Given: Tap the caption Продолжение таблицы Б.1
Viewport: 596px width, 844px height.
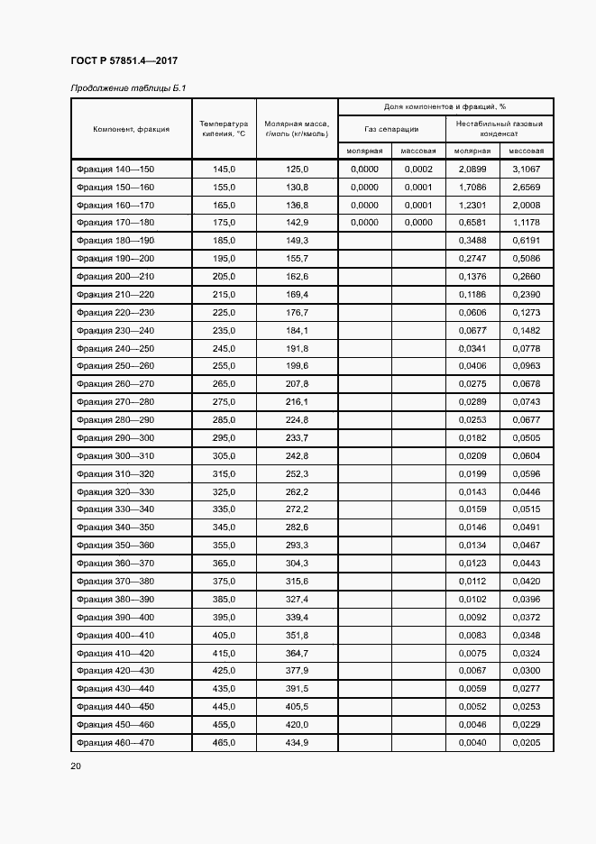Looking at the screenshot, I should click(x=128, y=88).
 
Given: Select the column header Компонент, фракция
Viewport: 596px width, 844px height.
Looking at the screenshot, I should click(x=131, y=129).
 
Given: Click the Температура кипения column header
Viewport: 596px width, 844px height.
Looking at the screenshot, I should click(x=224, y=129).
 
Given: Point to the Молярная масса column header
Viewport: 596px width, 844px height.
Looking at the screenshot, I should click(x=297, y=129).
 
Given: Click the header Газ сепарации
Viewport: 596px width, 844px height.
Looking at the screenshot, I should click(x=391, y=129).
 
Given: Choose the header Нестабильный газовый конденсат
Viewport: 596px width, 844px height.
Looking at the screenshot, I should click(x=500, y=129).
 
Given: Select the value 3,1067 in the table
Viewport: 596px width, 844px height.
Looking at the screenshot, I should click(x=526, y=170).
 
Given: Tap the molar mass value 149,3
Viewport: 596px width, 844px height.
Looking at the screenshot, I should click(x=297, y=241).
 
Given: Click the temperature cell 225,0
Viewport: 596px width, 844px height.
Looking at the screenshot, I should click(x=224, y=313).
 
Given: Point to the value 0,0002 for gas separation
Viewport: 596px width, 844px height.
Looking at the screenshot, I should click(x=418, y=170).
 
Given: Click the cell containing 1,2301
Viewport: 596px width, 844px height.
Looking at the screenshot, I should click(x=472, y=206).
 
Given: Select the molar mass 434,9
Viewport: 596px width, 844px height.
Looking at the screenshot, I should click(x=297, y=742).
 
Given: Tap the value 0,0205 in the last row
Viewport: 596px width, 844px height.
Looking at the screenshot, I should click(x=526, y=742).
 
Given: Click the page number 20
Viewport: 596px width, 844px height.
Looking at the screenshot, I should click(x=76, y=766).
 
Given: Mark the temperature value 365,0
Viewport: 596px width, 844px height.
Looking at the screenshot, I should click(x=224, y=564).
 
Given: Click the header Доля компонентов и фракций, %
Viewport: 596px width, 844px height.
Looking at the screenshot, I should click(x=445, y=106).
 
